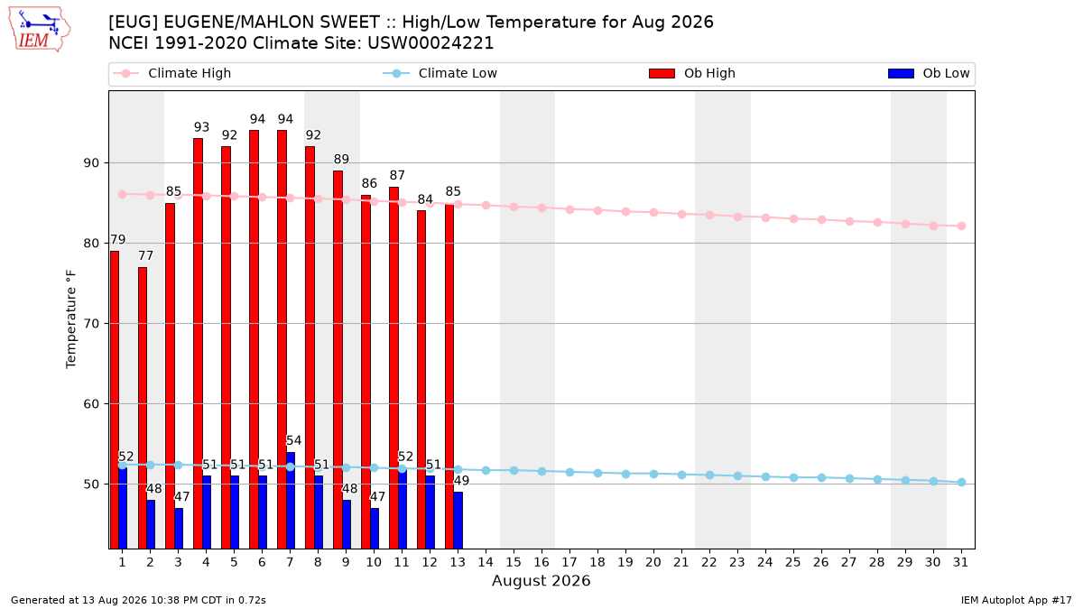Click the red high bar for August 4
[x=199, y=343]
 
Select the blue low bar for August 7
[x=291, y=500]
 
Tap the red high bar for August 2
[x=143, y=408]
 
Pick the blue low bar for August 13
[x=458, y=520]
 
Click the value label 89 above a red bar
[x=341, y=159]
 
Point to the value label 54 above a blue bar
[x=293, y=440]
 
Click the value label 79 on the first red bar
[x=118, y=240]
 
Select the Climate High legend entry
[x=172, y=73]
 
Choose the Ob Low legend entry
[x=929, y=73]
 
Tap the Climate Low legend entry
[x=440, y=73]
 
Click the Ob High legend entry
[x=692, y=73]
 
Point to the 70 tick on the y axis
[x=91, y=323]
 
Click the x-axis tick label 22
[x=709, y=562]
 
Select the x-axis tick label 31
[x=960, y=562]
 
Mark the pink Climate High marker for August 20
[x=653, y=212]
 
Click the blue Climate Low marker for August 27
[x=849, y=478]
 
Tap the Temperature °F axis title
[x=71, y=319]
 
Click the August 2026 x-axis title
[x=541, y=580]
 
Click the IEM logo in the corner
[x=39, y=29]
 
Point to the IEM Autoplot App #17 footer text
[x=1016, y=600]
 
